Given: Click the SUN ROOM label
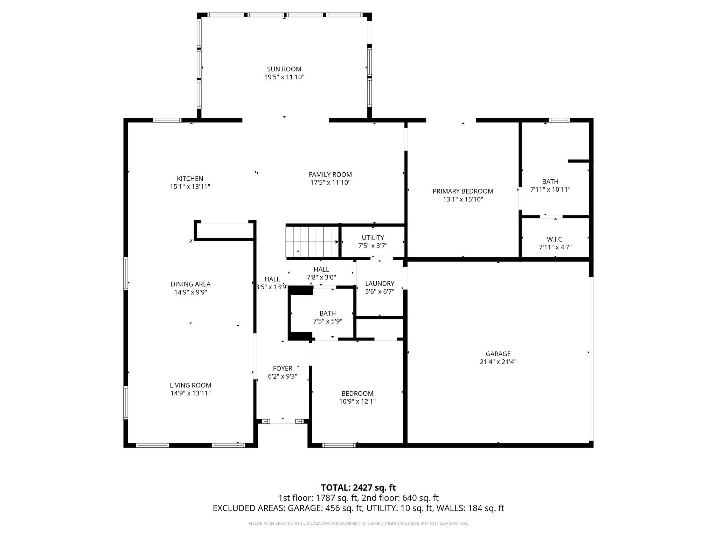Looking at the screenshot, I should [284, 69].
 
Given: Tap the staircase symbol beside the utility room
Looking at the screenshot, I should [312, 242].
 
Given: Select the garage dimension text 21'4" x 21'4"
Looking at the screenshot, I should [498, 362].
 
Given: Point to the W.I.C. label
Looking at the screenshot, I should [555, 239].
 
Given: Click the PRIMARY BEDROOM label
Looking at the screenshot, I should [463, 191].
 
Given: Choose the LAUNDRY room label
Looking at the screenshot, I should [380, 283].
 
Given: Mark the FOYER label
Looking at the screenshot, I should [283, 368].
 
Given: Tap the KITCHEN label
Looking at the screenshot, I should [190, 179].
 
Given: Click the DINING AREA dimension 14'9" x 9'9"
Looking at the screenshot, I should [190, 292].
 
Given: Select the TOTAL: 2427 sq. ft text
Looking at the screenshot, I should [358, 488].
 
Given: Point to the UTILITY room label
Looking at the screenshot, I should [373, 237].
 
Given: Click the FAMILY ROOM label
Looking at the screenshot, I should [330, 174].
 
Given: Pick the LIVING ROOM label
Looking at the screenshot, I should [190, 385].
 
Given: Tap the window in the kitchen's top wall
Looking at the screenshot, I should [167, 120].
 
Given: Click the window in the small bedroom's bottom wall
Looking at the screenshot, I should [339, 445].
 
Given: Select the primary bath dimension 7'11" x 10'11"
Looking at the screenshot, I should [550, 189].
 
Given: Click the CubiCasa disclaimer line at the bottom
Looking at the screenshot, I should [358, 524].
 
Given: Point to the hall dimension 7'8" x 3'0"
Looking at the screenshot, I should [321, 277].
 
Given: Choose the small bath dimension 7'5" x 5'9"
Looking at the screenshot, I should [327, 321].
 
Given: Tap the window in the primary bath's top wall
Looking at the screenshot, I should [559, 120].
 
